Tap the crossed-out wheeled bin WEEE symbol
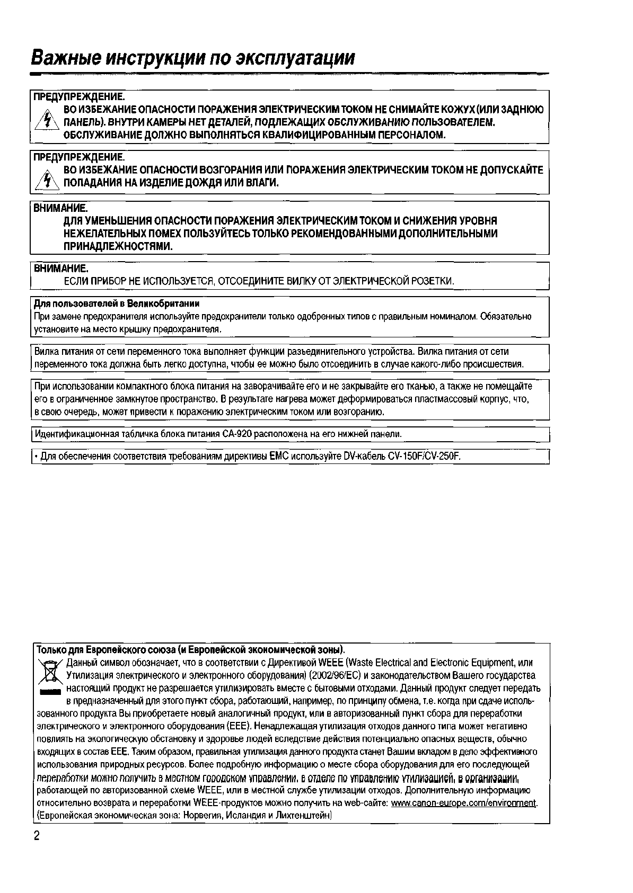coord(51,672)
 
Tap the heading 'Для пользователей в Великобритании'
coord(117,304)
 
